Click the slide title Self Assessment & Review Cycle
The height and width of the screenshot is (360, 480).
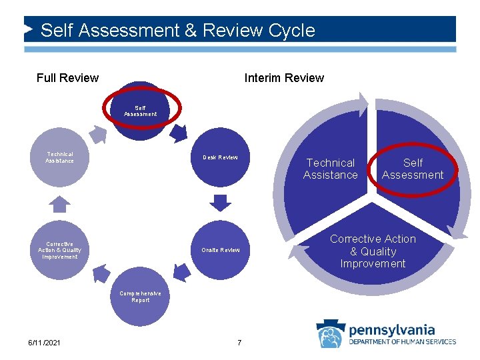(177, 31)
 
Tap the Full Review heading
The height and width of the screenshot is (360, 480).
(67, 78)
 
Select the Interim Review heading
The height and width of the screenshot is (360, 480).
(284, 78)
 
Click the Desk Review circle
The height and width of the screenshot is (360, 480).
(220, 157)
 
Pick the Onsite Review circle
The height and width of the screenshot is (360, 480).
(220, 249)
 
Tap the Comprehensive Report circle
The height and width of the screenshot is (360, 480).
(139, 297)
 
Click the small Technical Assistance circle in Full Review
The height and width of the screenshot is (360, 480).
(59, 157)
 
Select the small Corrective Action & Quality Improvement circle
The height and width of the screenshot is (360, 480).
(59, 249)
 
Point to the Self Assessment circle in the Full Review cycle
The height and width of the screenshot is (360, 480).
(140, 111)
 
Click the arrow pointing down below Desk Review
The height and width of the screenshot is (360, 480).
(220, 201)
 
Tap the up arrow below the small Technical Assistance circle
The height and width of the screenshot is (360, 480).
(60, 203)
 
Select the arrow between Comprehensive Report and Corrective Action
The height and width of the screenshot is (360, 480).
(100, 273)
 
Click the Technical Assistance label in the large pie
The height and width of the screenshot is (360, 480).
(330, 169)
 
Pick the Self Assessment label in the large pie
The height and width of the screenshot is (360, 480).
(413, 169)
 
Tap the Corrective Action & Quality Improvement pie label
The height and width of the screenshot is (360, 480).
(372, 251)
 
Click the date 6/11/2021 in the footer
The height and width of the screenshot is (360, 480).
(44, 343)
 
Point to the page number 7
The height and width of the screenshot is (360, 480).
(239, 343)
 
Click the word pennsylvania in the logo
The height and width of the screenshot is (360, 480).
(392, 330)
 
